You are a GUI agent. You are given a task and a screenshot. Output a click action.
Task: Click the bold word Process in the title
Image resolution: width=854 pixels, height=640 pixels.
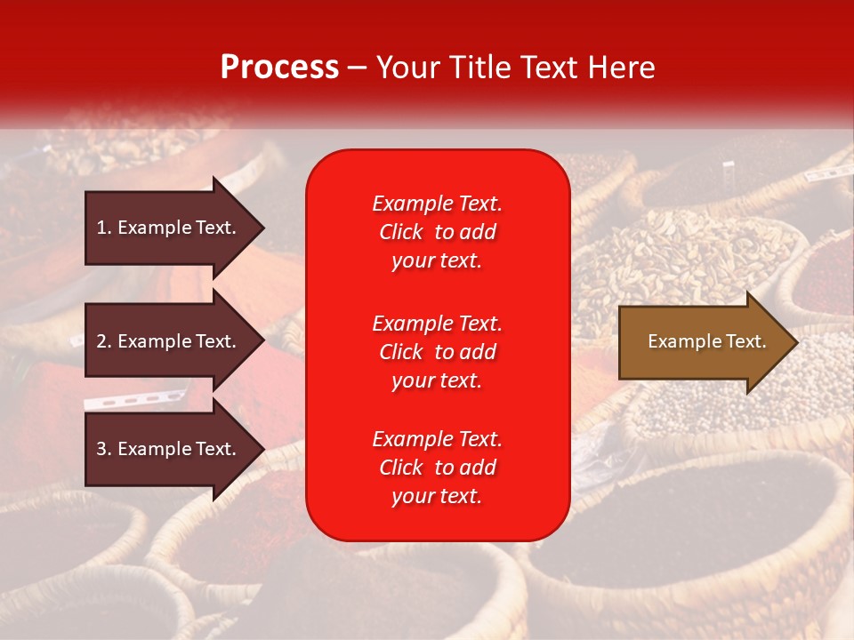[x=279, y=68]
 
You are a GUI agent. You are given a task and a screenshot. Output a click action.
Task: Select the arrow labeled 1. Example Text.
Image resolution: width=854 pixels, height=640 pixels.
[x=169, y=228]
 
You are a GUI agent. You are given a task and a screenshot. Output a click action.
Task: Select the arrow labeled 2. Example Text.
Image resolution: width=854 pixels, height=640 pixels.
[x=169, y=341]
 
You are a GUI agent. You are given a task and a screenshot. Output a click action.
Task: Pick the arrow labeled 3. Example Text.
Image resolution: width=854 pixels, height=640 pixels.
[x=169, y=449]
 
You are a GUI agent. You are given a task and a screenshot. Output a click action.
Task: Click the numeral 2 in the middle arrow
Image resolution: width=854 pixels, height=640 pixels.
[x=101, y=341]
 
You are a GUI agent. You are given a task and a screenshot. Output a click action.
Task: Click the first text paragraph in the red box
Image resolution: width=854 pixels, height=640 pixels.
[x=437, y=232]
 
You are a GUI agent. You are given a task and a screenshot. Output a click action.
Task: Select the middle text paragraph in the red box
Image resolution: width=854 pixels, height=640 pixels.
[x=437, y=352]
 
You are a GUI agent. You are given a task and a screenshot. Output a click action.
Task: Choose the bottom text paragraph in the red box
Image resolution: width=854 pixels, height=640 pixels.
[x=437, y=468]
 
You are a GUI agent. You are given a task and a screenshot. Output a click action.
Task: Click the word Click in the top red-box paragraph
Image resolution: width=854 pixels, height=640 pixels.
[x=400, y=232]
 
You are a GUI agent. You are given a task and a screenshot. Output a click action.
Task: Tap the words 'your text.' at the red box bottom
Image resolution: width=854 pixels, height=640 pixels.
[x=437, y=497]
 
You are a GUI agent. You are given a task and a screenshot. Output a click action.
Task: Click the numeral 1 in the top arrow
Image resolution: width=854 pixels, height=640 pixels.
[x=101, y=228]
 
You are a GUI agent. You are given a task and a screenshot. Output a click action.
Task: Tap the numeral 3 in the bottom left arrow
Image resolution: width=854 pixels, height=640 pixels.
[x=101, y=449]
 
